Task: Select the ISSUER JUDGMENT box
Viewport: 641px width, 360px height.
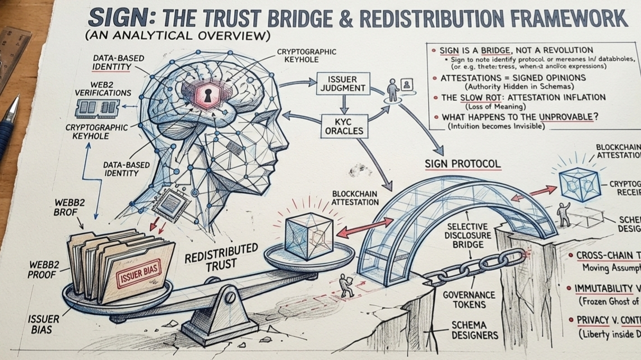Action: (341, 83)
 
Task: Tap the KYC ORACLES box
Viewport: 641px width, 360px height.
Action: (343, 126)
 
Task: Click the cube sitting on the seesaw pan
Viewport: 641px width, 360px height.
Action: (309, 232)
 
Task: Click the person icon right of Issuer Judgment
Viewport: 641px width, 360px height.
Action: (393, 89)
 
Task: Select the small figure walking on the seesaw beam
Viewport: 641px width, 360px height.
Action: (347, 286)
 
